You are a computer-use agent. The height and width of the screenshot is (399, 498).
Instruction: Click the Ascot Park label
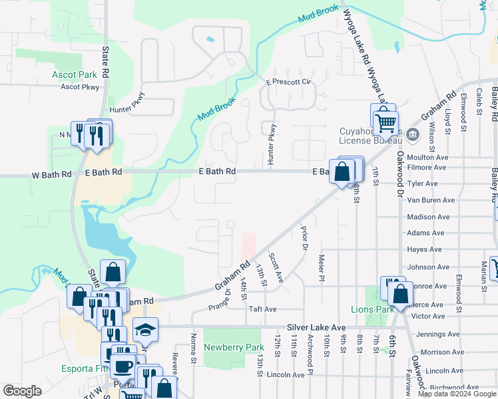click(75, 75)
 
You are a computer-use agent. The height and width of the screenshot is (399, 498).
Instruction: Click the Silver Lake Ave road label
click(316, 328)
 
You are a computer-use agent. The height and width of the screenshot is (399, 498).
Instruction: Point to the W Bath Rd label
click(51, 174)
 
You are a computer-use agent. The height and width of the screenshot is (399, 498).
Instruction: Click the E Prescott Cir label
click(289, 82)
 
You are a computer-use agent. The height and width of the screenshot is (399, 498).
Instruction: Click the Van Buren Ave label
click(430, 199)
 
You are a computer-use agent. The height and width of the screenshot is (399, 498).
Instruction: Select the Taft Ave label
click(262, 309)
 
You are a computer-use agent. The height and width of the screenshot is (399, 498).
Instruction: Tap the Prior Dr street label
click(305, 239)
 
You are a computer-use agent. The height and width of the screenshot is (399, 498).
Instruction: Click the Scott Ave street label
click(276, 267)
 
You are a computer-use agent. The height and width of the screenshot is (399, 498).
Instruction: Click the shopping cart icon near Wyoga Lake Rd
click(385, 122)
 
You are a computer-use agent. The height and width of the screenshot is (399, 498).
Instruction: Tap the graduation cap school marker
click(144, 330)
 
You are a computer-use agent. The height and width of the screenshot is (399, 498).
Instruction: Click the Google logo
click(23, 392)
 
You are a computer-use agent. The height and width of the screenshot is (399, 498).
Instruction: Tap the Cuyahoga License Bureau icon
click(412, 135)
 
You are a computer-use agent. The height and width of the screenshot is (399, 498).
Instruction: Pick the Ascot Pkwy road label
click(79, 87)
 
